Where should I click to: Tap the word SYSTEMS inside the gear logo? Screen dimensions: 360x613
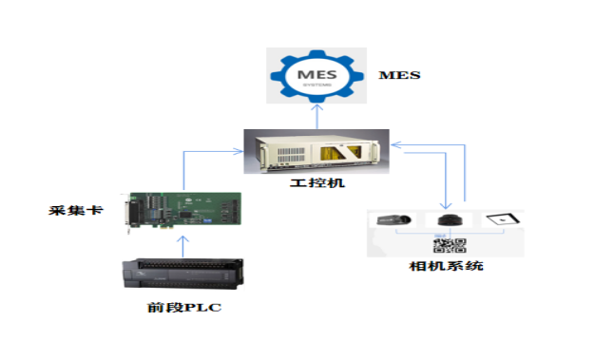[316, 84]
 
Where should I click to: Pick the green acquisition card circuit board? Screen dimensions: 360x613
[185, 211]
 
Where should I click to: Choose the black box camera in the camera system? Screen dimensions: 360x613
[393, 220]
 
